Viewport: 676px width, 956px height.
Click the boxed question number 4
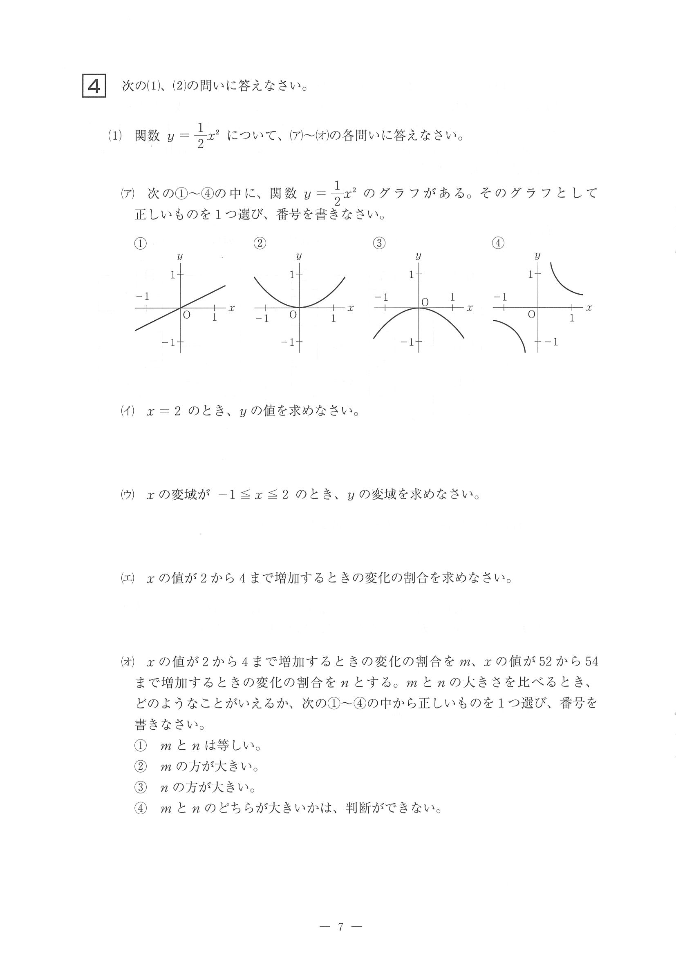pyautogui.click(x=94, y=86)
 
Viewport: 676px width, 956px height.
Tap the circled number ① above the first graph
pyautogui.click(x=140, y=243)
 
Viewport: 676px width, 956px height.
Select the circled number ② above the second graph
pyautogui.click(x=260, y=243)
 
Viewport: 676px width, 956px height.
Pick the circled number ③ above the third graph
pyautogui.click(x=379, y=243)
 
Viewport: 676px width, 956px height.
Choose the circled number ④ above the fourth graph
pyautogui.click(x=498, y=243)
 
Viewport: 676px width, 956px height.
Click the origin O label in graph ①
pyautogui.click(x=187, y=315)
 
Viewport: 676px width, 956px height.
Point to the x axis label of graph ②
pyautogui.click(x=350, y=308)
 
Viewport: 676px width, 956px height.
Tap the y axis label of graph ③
pyautogui.click(x=418, y=256)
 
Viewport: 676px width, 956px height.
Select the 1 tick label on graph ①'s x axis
pyautogui.click(x=215, y=317)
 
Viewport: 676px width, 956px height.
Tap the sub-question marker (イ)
pyautogui.click(x=128, y=411)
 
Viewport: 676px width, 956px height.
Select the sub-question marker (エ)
pyautogui.click(x=128, y=578)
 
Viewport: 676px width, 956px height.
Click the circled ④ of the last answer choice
pyautogui.click(x=140, y=808)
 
